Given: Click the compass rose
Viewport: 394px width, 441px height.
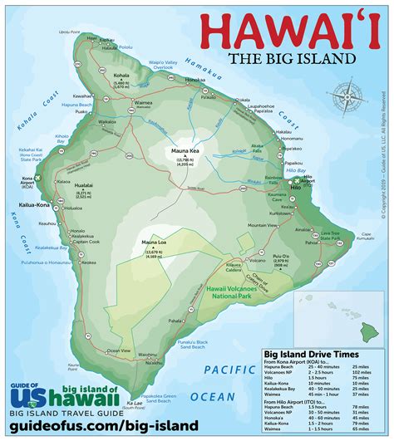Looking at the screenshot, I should coord(347,100).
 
